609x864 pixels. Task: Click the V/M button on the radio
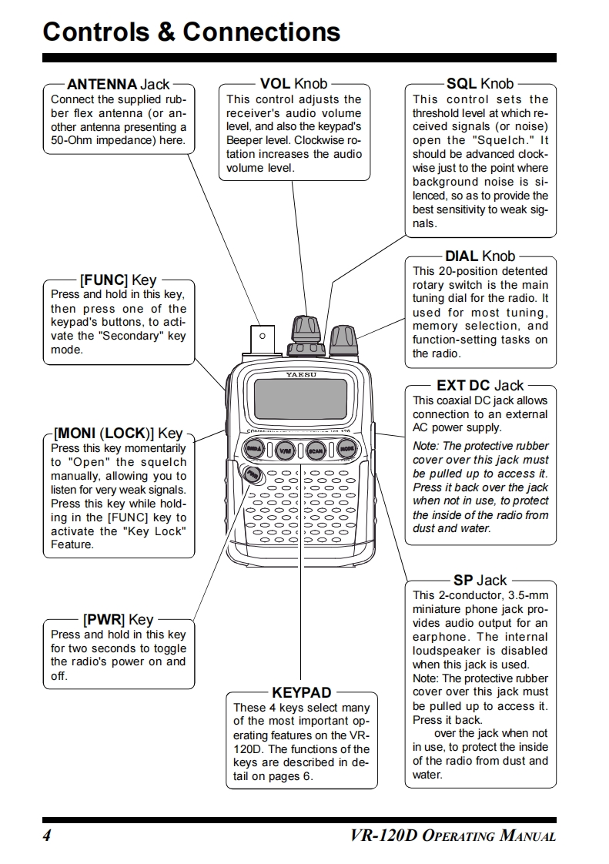(x=285, y=450)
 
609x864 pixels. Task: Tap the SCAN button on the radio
(x=315, y=450)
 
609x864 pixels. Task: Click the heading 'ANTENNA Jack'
(x=119, y=84)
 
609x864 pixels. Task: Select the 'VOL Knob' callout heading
(x=293, y=83)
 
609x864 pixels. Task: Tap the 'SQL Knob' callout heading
(x=480, y=83)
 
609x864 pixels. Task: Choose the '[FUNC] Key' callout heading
(x=118, y=280)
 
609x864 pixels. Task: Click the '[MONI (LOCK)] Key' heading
(x=118, y=433)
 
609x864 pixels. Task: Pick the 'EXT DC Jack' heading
(x=480, y=385)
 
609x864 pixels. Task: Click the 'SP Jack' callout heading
(x=480, y=580)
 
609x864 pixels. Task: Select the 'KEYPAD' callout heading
(x=301, y=692)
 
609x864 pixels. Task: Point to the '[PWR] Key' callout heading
(x=118, y=619)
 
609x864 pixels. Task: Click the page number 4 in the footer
(x=47, y=836)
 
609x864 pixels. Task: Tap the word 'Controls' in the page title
(x=100, y=32)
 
